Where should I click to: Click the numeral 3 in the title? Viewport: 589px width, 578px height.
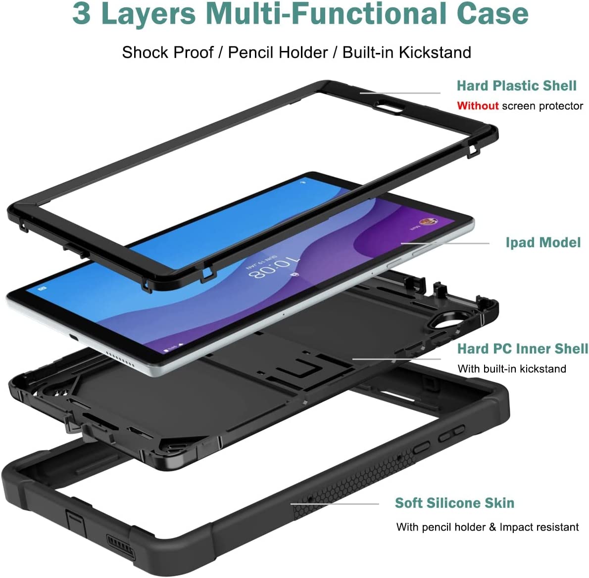[x=82, y=13]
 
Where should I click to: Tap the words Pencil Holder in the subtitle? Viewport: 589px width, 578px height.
[x=278, y=52]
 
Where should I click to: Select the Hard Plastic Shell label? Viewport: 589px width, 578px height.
[x=517, y=86]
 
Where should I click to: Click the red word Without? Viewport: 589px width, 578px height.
[x=478, y=106]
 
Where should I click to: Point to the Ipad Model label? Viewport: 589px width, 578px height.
[x=543, y=242]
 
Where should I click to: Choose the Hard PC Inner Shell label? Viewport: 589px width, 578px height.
[x=523, y=349]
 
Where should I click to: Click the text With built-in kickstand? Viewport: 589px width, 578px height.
[x=512, y=369]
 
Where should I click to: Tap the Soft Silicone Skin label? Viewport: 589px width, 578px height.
[x=454, y=503]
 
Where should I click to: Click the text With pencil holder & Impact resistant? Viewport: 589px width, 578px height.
[x=487, y=527]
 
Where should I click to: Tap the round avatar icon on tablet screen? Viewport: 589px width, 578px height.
[x=428, y=222]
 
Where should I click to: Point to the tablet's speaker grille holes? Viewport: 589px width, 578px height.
[x=119, y=359]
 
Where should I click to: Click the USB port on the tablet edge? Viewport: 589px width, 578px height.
[x=74, y=337]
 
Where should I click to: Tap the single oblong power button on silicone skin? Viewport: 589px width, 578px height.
[x=422, y=447]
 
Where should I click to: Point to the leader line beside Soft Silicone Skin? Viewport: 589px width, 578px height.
[x=335, y=504]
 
